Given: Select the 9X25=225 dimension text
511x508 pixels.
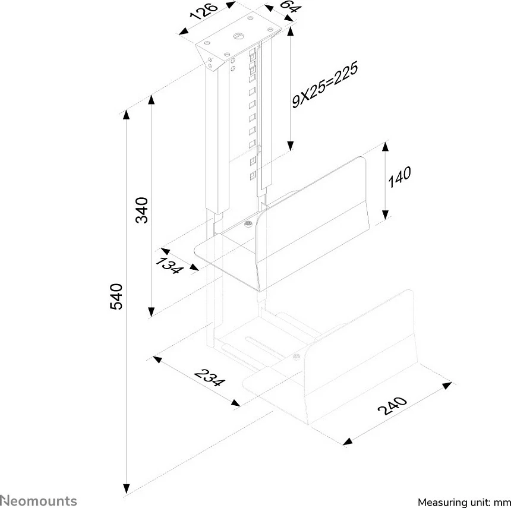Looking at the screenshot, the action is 325,84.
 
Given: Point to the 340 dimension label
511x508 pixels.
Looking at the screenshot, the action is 142,210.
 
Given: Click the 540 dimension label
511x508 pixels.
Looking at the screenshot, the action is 116,296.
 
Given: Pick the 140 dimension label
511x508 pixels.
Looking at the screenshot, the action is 399,176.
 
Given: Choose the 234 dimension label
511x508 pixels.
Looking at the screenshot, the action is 210,377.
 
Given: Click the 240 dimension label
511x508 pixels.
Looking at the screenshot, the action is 392,405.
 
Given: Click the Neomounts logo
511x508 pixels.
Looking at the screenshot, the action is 39,501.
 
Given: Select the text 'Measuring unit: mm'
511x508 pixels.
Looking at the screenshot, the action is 464,502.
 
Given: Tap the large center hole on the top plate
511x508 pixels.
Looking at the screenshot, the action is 238,36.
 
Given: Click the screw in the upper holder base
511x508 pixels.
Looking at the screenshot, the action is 248,224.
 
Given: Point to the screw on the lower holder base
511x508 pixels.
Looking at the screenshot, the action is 296,356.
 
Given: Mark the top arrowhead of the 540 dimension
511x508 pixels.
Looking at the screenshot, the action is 127,115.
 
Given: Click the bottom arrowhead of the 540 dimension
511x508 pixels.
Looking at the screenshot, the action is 127,489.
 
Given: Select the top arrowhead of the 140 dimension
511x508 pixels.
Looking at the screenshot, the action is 385,147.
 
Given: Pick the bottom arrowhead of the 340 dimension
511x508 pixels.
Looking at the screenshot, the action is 151,312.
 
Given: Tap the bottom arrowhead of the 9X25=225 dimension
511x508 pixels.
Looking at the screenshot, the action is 291,146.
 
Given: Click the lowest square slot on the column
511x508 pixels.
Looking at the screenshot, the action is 253,176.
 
